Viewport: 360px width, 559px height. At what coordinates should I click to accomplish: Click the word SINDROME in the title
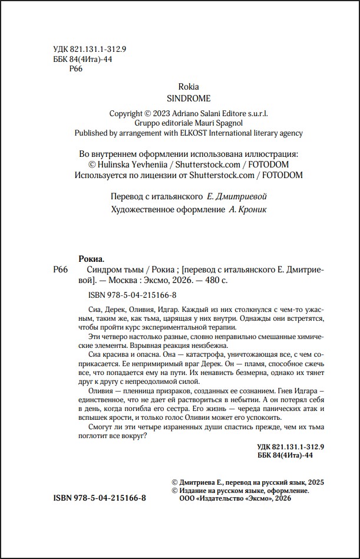coord(189,98)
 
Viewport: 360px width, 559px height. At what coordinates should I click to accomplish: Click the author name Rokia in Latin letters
coord(189,87)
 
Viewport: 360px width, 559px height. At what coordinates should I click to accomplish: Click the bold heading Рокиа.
coord(91,258)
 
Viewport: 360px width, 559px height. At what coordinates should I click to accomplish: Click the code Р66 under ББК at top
coord(75,70)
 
